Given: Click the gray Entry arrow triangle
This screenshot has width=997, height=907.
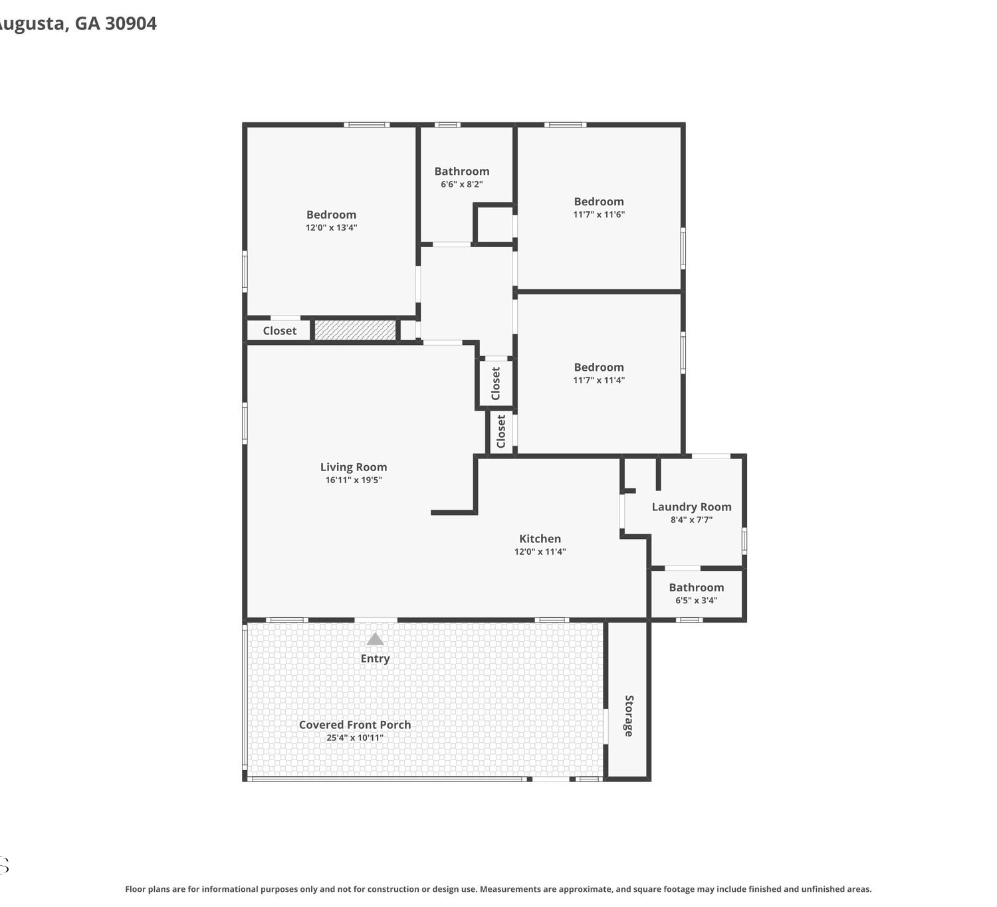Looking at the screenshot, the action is pyautogui.click(x=375, y=639).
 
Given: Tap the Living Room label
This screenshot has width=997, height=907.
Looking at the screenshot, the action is pyautogui.click(x=354, y=466).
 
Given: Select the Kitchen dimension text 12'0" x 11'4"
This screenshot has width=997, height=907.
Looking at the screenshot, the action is pyautogui.click(x=540, y=551).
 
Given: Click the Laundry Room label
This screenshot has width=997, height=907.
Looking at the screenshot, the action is pyautogui.click(x=691, y=506).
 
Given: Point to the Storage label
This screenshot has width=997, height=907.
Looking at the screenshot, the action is pyautogui.click(x=629, y=716).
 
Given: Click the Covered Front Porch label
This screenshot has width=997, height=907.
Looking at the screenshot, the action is pyautogui.click(x=355, y=725).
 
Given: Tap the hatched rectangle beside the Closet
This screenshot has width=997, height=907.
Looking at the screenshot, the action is pyautogui.click(x=356, y=330).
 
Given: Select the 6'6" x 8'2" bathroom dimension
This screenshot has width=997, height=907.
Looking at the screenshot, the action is pyautogui.click(x=462, y=184).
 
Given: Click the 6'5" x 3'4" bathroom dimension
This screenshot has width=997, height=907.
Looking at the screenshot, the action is pyautogui.click(x=697, y=600).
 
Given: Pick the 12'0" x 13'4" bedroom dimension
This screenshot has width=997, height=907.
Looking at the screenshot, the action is pyautogui.click(x=331, y=227).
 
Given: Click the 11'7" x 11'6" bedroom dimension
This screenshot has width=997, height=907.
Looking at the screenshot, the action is pyautogui.click(x=599, y=214).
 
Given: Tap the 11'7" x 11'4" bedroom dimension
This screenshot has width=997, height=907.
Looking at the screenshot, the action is pyautogui.click(x=599, y=379).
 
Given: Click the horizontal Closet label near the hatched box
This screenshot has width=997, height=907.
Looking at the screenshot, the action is pyautogui.click(x=279, y=330).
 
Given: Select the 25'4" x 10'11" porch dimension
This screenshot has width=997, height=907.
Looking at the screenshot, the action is pyautogui.click(x=355, y=738).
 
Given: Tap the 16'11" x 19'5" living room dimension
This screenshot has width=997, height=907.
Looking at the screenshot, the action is pyautogui.click(x=354, y=480).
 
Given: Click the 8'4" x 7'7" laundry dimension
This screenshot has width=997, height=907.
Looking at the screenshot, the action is pyautogui.click(x=691, y=520).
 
